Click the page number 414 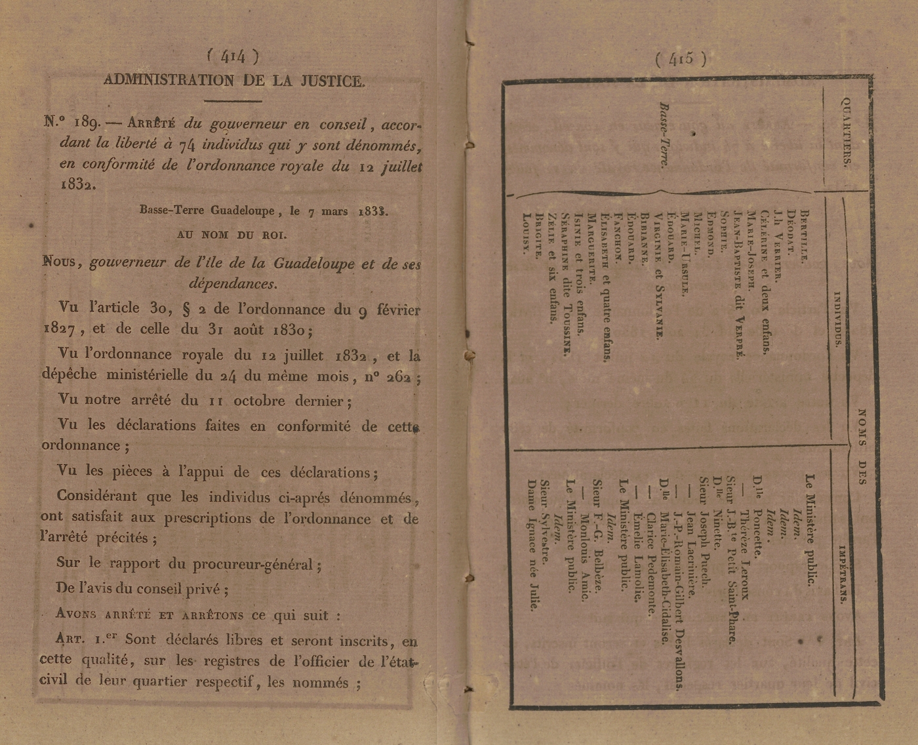pyautogui.click(x=233, y=57)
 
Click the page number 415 pyautogui.click(x=681, y=59)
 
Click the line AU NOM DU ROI pyautogui.click(x=231, y=235)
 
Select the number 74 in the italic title pyautogui.click(x=180, y=145)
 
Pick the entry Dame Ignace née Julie pyautogui.click(x=532, y=545)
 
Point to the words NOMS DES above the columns pyautogui.click(x=862, y=446)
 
